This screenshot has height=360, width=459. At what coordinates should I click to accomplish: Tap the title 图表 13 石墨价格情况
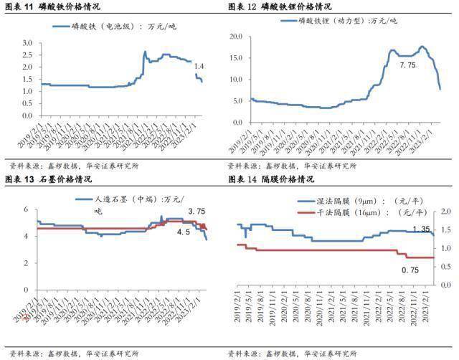tap(49, 179)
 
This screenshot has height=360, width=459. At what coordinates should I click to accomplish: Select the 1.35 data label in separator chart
tap(422, 229)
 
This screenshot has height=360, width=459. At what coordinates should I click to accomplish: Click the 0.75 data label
tap(411, 270)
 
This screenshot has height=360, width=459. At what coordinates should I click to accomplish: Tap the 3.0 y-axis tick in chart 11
tap(28, 44)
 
